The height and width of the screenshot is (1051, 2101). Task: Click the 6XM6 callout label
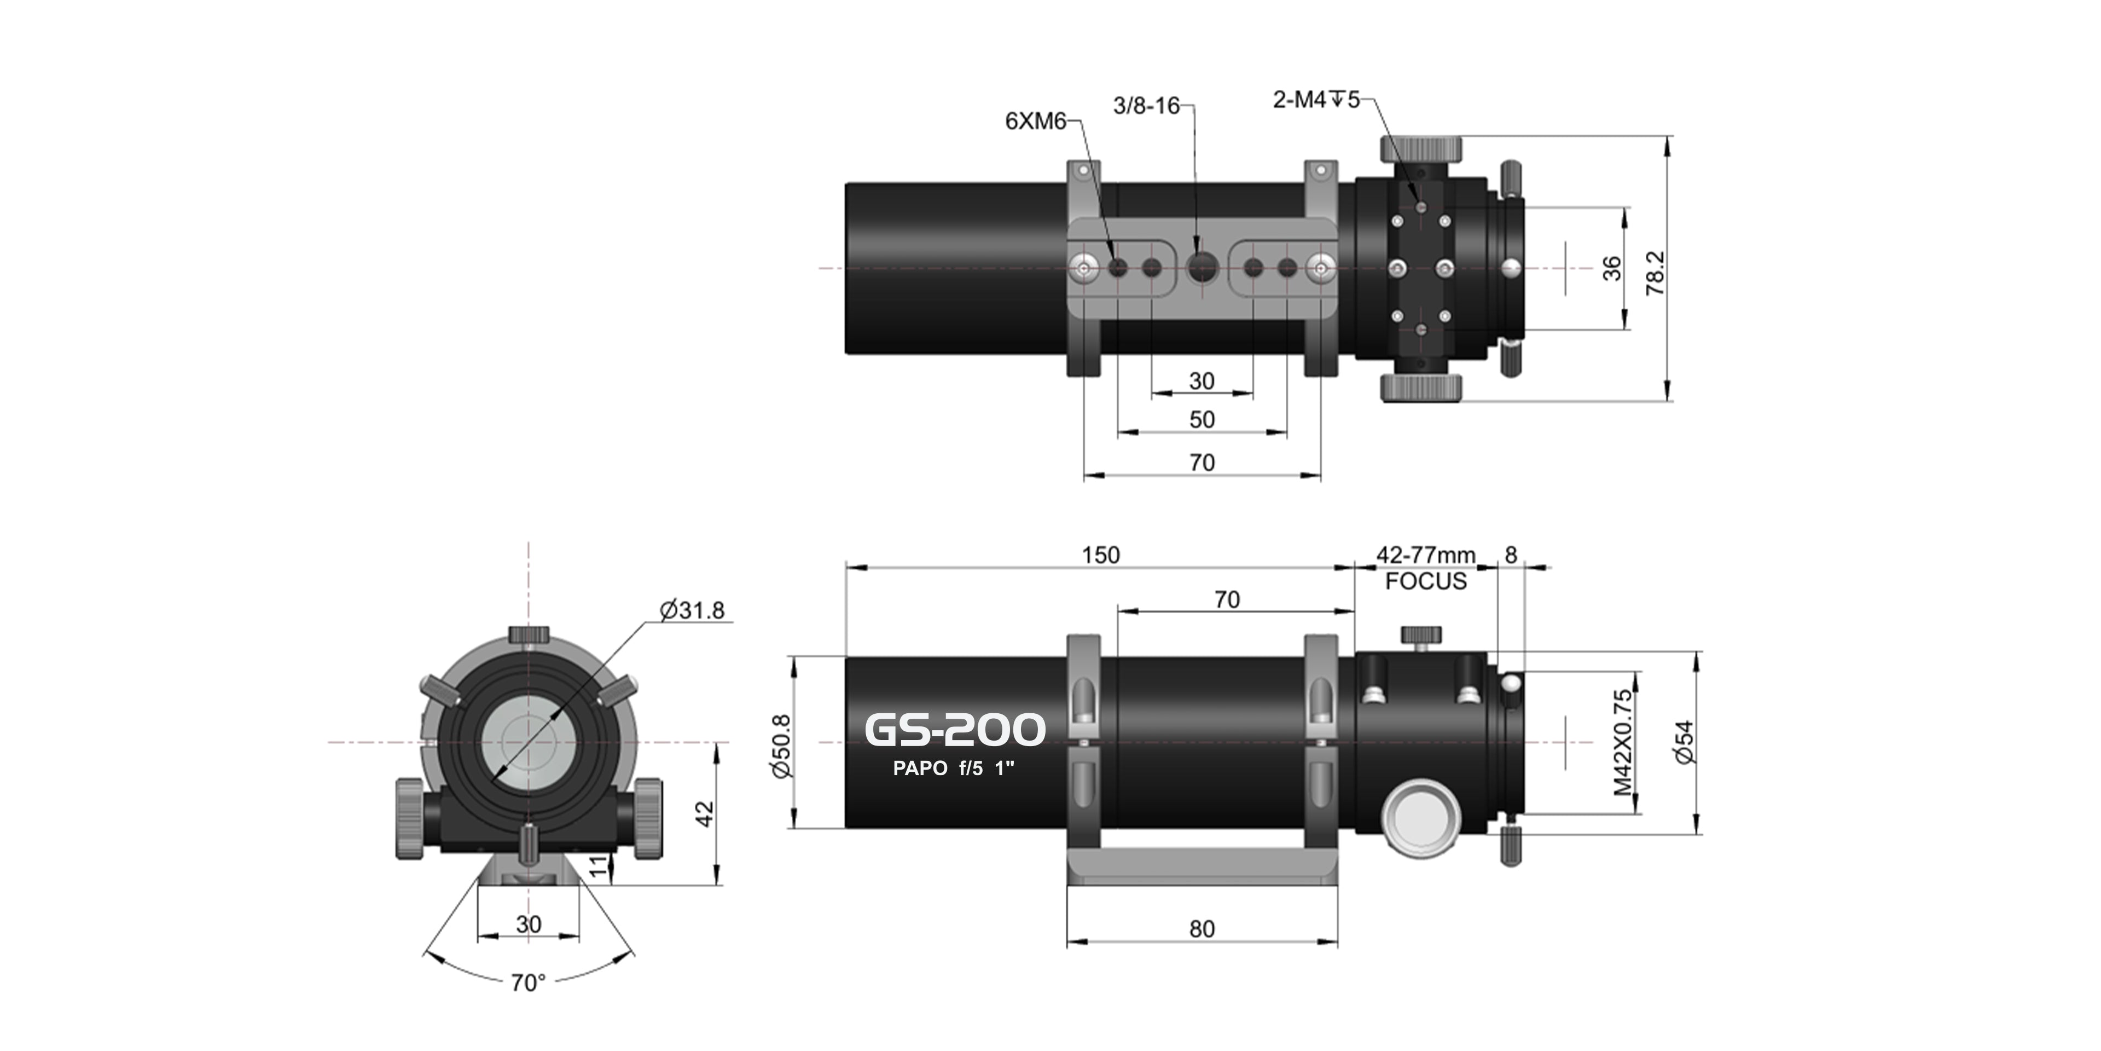[x=1035, y=122]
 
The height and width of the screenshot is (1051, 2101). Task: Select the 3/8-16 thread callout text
[x=1146, y=106]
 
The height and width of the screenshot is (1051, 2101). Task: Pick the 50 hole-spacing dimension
[x=1202, y=419]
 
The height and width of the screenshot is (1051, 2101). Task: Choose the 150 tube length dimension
[x=1100, y=556]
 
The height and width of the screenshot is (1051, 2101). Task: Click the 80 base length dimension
[x=1202, y=928]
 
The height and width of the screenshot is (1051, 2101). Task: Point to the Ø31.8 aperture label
[x=692, y=610]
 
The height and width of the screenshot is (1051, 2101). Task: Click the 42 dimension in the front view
[x=704, y=813]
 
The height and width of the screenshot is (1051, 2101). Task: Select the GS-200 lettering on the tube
[x=954, y=730]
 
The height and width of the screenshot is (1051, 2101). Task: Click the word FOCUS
[x=1426, y=582]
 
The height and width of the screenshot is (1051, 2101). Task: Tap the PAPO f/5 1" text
[x=954, y=768]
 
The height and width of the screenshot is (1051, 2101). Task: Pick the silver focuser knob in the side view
[x=1421, y=818]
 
